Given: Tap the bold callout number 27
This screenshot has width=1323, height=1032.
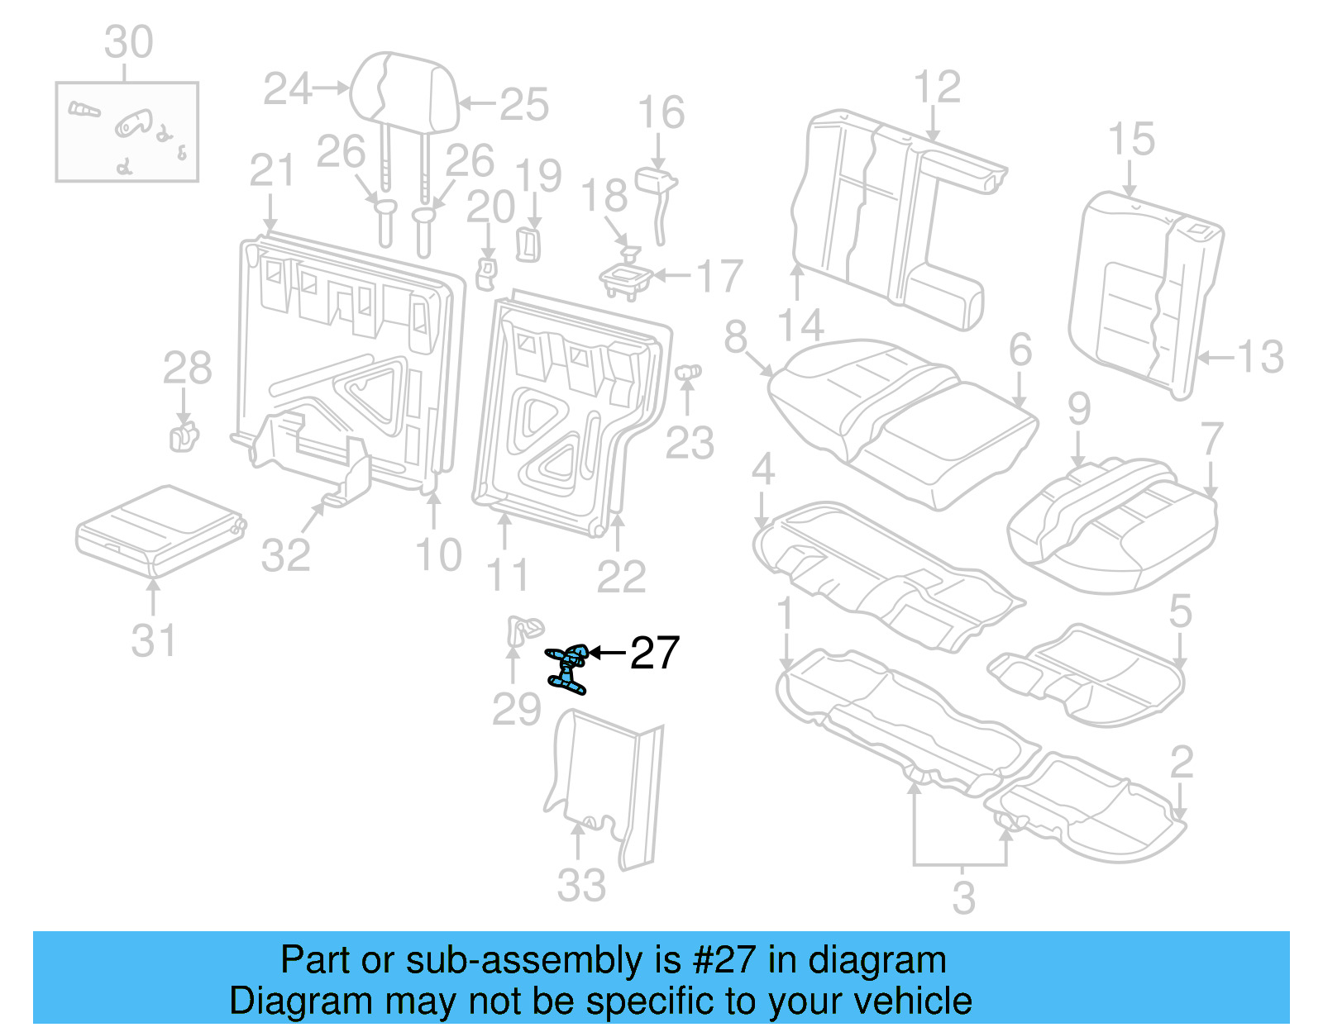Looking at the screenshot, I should [x=655, y=653].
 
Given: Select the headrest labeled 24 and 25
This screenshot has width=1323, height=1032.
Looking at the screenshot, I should [x=404, y=93].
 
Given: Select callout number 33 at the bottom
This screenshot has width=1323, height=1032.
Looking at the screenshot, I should [x=581, y=885].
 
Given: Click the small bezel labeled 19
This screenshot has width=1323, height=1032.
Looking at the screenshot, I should [x=528, y=245].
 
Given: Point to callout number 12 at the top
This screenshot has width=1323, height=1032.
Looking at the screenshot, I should [x=937, y=87].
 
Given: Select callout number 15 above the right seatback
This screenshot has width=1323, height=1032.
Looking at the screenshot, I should [x=1131, y=139].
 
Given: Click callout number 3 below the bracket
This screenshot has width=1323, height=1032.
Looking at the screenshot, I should [x=963, y=897].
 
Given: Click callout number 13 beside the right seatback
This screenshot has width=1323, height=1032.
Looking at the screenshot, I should [x=1260, y=357].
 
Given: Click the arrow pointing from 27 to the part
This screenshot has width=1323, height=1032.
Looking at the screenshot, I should [x=608, y=653].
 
